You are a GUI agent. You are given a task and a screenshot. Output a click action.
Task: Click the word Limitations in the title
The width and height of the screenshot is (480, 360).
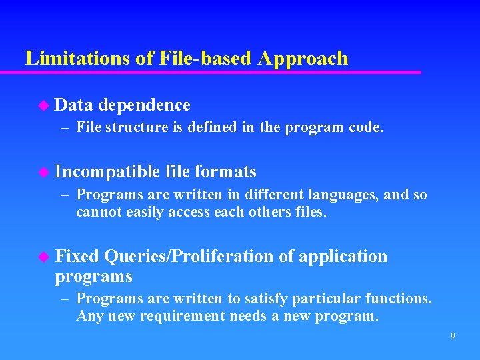[77, 58]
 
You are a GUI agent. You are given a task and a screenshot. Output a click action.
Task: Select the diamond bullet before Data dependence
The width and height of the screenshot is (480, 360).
[44, 105]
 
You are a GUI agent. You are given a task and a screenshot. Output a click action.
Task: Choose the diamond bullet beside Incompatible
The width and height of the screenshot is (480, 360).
[44, 172]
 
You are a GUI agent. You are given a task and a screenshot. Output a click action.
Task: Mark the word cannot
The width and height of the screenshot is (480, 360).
[97, 213]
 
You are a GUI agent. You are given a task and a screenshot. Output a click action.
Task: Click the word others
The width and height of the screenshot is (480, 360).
[270, 213]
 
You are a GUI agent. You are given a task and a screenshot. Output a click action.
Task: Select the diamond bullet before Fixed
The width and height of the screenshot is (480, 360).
[44, 257]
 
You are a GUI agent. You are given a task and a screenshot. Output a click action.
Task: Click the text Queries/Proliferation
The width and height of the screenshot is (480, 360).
[189, 257]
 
